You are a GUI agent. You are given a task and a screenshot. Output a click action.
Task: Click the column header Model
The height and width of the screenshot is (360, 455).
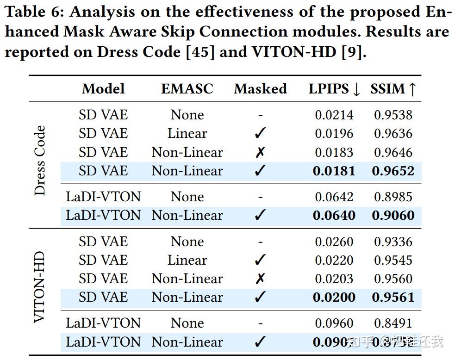(x=103, y=89)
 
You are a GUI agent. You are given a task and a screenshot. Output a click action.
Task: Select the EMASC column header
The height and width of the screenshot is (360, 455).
(x=187, y=89)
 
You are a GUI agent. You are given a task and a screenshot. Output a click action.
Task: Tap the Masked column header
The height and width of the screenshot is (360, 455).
(x=260, y=89)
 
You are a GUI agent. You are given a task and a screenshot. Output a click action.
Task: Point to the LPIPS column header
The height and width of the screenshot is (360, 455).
(x=334, y=89)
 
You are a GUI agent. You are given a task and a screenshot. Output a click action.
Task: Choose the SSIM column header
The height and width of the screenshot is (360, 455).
(x=393, y=89)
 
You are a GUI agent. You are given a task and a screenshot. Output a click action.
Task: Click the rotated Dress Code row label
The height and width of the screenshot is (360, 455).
(x=40, y=160)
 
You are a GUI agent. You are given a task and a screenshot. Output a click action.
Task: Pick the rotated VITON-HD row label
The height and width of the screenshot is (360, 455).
(x=40, y=287)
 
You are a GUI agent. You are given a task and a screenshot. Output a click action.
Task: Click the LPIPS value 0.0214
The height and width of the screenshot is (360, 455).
(x=334, y=115)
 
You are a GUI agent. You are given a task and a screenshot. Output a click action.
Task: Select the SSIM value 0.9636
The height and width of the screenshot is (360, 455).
(x=393, y=134)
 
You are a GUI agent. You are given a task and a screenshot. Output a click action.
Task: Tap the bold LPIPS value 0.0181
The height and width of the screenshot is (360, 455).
(x=334, y=171)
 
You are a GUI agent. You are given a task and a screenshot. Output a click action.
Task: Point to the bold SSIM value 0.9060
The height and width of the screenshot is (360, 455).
(x=393, y=215)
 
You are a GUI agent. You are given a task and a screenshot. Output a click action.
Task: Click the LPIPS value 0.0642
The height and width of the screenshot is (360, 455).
(x=334, y=197)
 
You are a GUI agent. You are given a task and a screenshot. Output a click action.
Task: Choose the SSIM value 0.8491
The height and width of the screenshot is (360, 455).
(x=393, y=323)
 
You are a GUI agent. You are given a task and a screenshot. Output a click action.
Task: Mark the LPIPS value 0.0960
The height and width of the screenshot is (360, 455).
(x=334, y=323)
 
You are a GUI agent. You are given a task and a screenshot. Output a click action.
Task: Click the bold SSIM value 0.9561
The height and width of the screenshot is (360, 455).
(x=393, y=297)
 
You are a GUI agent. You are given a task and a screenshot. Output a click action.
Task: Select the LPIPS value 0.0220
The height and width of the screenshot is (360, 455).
(x=334, y=260)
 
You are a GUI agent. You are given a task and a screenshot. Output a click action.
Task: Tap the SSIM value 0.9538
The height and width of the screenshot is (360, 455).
(x=393, y=115)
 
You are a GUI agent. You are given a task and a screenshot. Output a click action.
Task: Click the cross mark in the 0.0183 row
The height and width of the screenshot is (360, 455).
(x=260, y=152)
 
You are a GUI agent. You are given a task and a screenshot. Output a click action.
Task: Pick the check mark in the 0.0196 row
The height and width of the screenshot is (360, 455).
(x=260, y=134)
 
